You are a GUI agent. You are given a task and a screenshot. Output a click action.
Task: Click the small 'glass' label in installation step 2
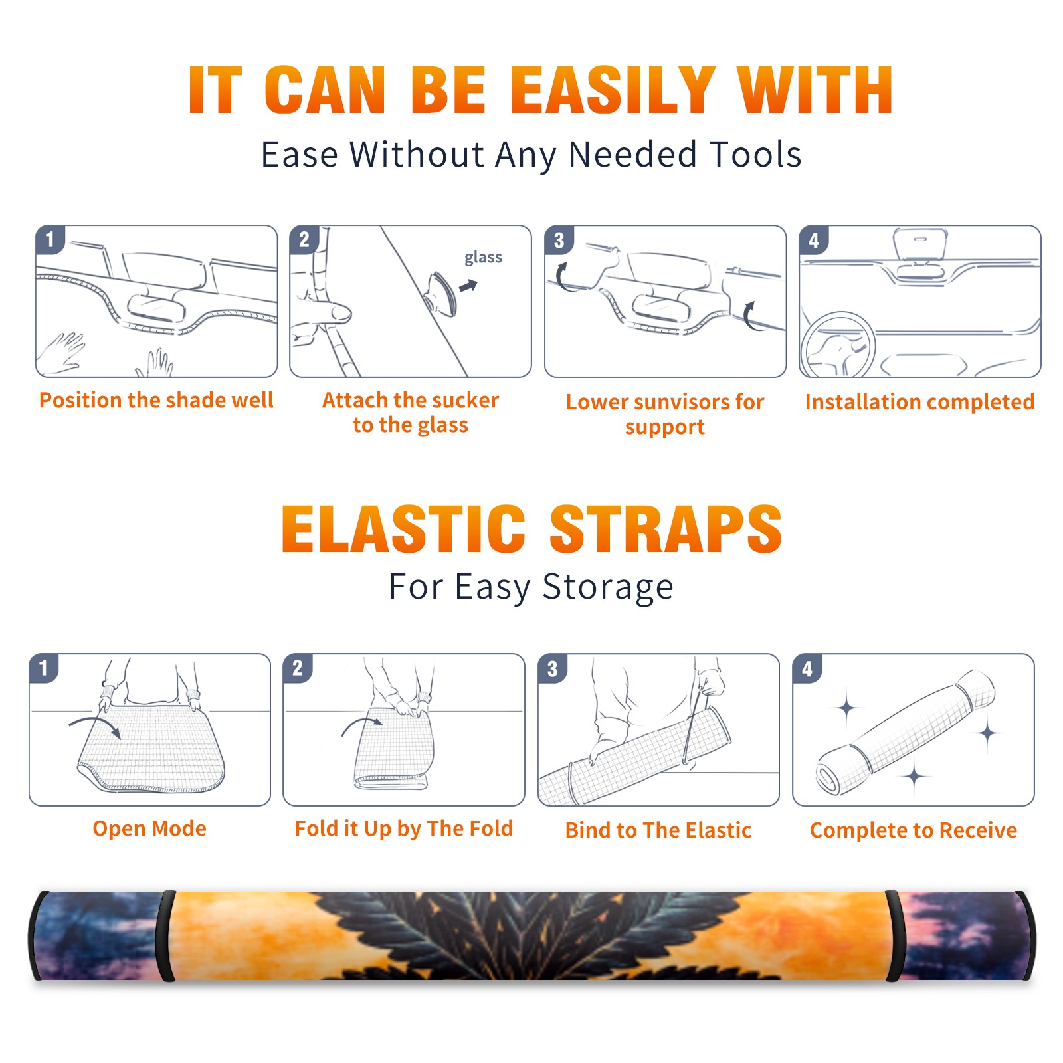click(483, 258)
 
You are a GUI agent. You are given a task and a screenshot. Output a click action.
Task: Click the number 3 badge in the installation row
click(559, 240)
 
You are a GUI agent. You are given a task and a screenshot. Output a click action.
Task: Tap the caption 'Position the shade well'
click(156, 400)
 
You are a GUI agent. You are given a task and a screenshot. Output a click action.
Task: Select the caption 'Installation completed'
click(919, 401)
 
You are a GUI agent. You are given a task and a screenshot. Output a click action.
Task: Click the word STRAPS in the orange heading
click(666, 529)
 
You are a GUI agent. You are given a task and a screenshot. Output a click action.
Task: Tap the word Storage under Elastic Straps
click(608, 587)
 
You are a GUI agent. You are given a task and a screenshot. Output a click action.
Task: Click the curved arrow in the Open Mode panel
click(94, 725)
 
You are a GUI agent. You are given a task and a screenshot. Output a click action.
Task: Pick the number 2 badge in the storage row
click(298, 668)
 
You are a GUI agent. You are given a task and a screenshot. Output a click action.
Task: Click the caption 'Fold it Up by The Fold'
click(404, 828)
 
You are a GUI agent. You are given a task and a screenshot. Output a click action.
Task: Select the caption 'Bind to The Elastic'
click(658, 830)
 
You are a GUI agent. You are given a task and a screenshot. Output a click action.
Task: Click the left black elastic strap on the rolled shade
click(165, 936)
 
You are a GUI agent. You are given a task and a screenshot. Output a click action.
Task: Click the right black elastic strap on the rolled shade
click(895, 936)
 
